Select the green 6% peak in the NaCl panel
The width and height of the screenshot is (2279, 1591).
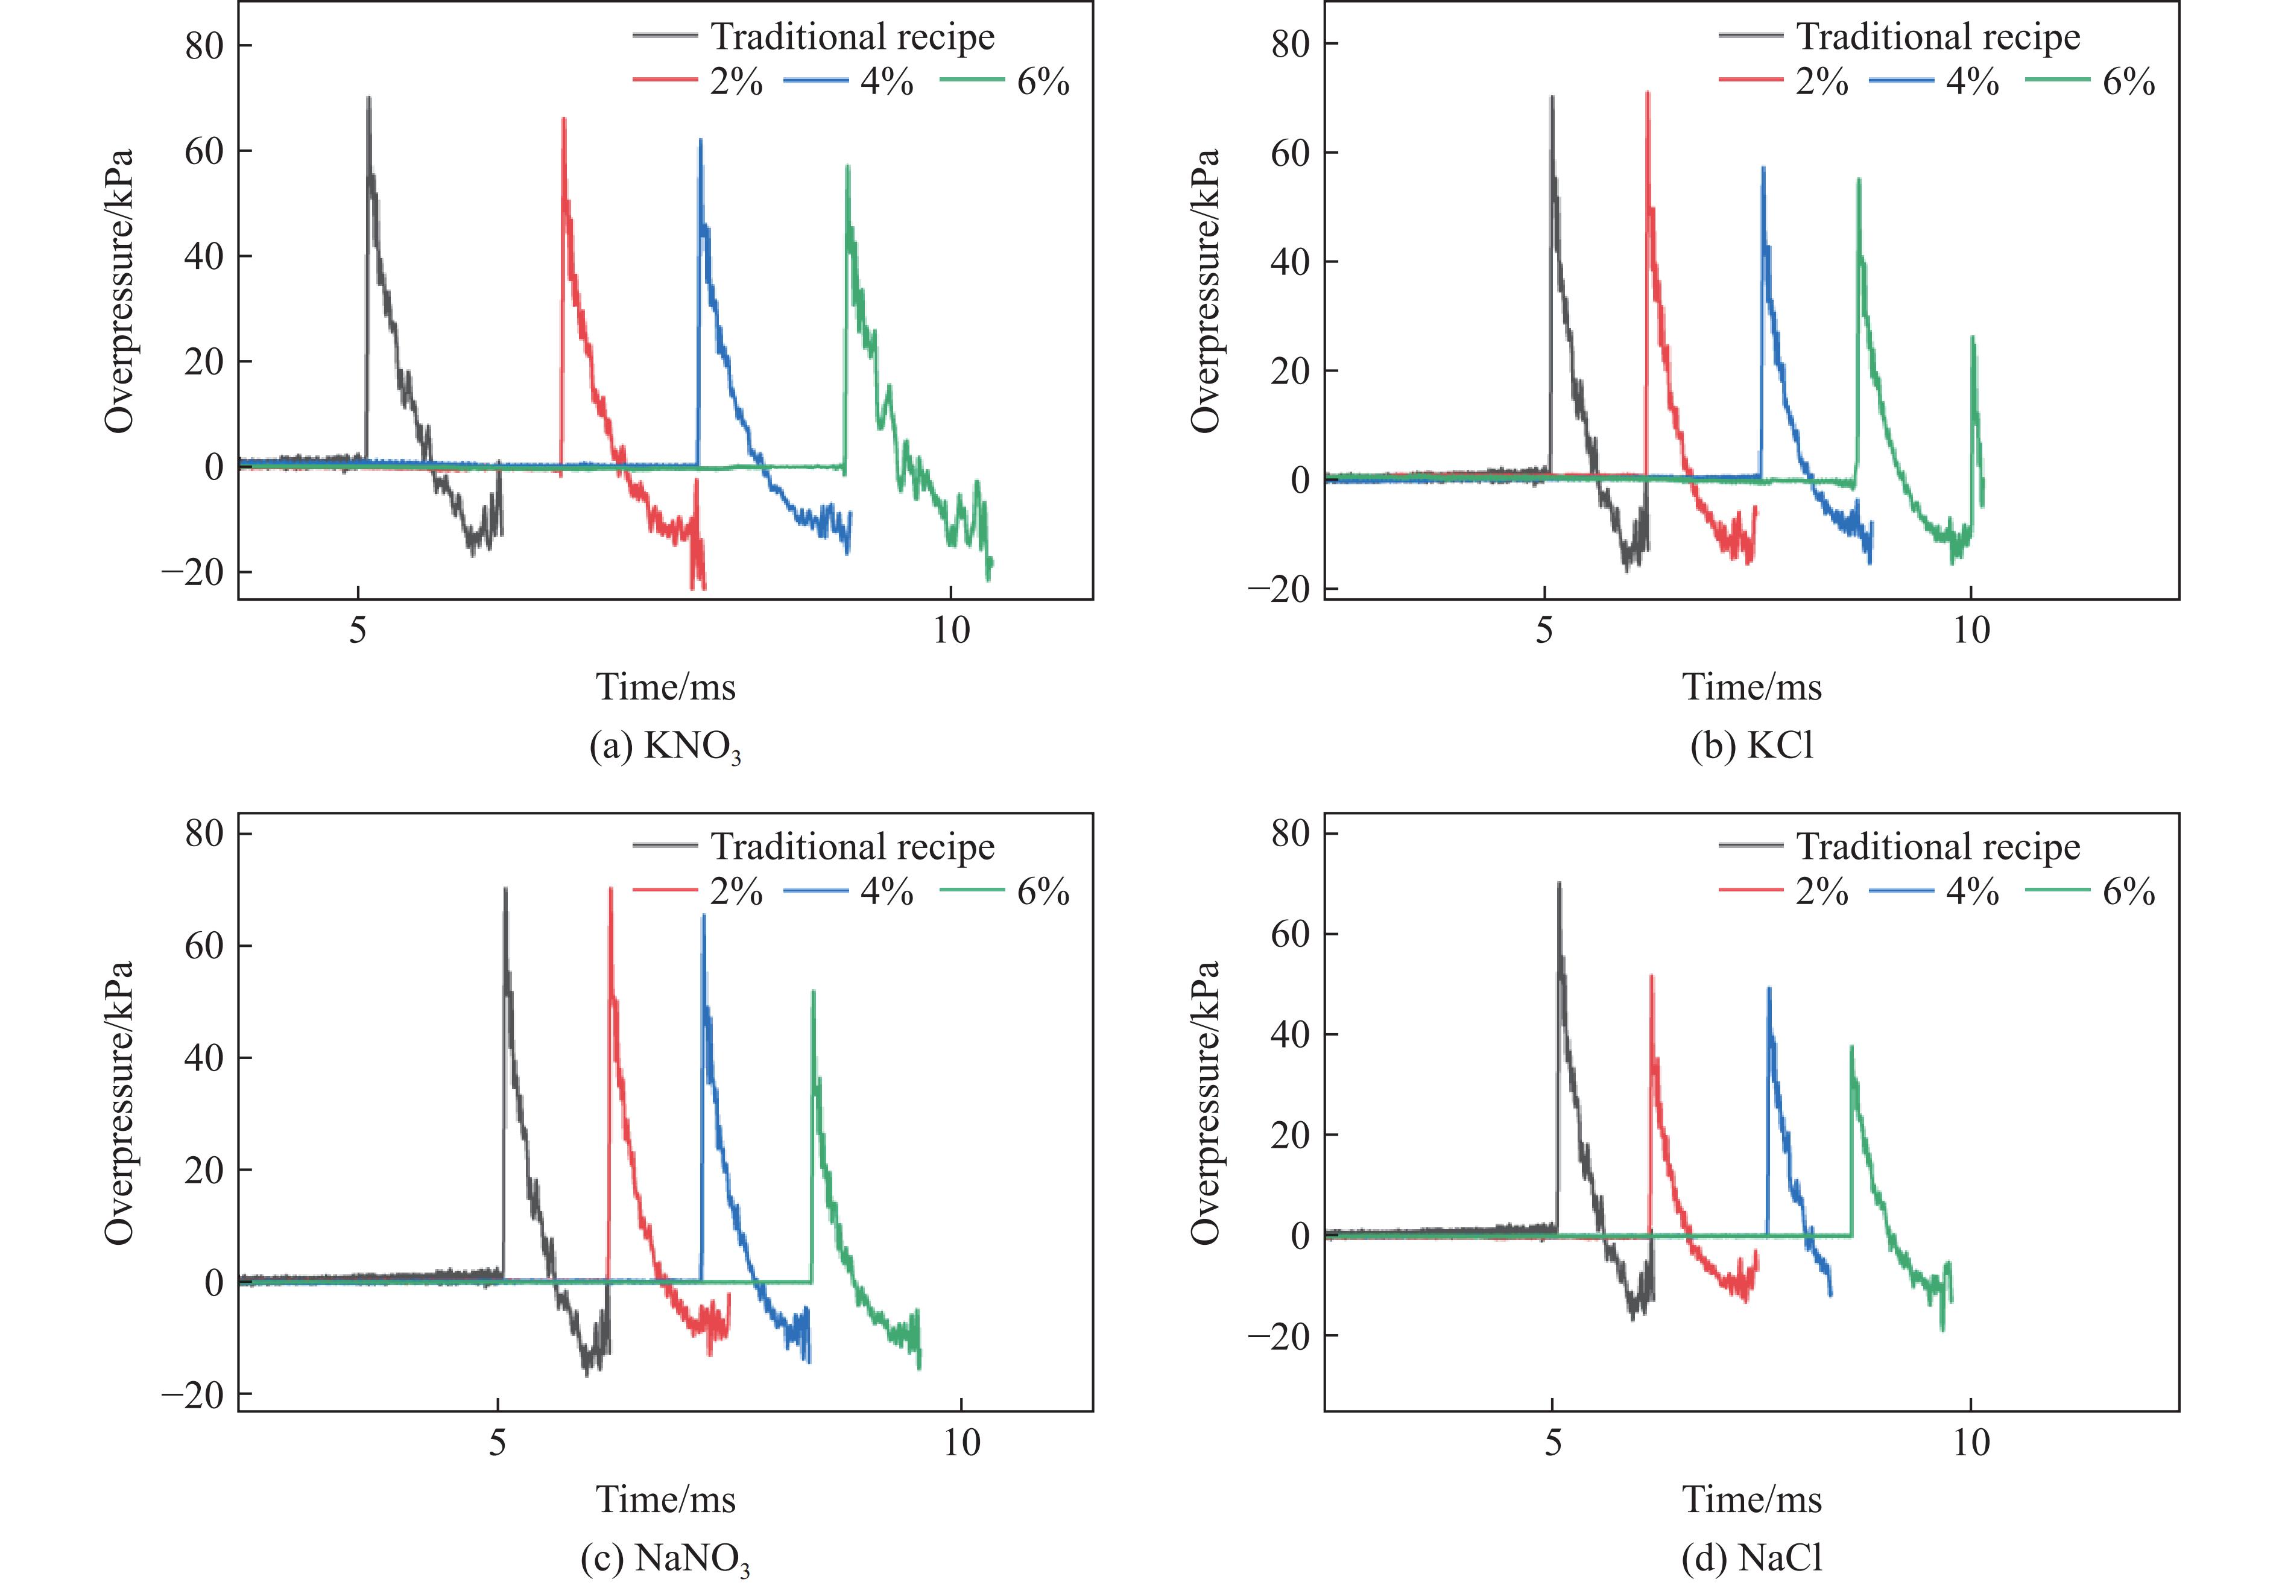tap(1851, 1046)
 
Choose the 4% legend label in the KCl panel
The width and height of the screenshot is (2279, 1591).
tap(1971, 81)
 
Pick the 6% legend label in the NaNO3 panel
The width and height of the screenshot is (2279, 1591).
tap(1042, 891)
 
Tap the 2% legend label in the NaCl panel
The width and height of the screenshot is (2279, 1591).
tap(1821, 891)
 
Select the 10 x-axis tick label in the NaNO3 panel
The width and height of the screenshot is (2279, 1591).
tap(961, 1442)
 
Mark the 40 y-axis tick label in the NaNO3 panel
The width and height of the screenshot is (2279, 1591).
tap(203, 1057)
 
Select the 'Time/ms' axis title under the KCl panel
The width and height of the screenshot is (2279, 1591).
tap(1752, 687)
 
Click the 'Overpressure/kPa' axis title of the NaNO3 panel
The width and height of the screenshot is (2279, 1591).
tap(119, 1102)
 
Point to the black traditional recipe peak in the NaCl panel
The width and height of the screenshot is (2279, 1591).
tap(1558, 884)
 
